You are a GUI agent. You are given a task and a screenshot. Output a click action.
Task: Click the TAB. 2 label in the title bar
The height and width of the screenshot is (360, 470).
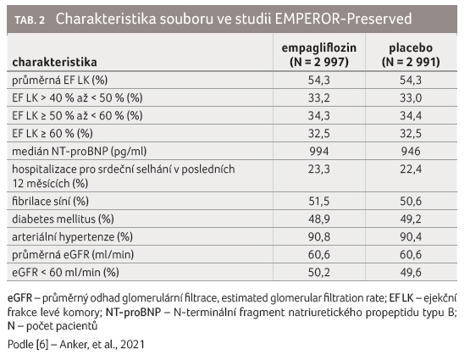coord(30,20)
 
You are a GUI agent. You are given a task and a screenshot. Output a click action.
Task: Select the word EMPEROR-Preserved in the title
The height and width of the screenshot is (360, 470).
coord(343,19)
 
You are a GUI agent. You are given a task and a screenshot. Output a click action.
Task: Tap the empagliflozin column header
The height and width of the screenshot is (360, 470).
coord(319,55)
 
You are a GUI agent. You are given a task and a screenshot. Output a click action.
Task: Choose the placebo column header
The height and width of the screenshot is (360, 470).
coord(411,55)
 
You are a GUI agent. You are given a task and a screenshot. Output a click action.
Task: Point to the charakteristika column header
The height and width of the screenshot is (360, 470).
coord(54,62)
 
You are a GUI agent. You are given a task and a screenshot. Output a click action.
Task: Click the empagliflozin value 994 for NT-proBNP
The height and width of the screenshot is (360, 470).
coord(319,151)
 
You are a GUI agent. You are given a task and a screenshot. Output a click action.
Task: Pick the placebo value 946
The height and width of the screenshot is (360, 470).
coord(411,151)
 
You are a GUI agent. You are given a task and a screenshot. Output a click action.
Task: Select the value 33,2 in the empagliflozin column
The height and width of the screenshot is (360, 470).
coord(319,97)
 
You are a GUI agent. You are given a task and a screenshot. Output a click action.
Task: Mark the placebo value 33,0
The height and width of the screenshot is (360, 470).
coord(411,97)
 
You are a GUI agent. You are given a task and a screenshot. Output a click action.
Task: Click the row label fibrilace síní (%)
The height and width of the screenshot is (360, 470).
coord(50,201)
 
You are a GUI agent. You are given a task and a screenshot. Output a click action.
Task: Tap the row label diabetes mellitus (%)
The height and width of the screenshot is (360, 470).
coord(63,219)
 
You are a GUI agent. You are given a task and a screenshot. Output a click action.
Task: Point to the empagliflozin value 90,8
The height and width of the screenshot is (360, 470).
coord(319,237)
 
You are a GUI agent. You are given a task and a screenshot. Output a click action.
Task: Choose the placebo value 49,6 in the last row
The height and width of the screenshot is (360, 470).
coord(411,272)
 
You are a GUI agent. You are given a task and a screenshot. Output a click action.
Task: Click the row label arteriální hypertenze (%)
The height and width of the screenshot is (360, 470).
coord(72,237)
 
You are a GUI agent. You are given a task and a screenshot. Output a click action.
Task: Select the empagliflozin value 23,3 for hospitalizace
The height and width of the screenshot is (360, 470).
coord(319,169)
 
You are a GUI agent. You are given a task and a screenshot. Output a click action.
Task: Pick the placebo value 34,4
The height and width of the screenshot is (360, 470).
coord(411,115)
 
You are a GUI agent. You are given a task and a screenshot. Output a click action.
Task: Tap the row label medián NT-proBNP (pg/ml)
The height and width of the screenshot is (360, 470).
coord(79,152)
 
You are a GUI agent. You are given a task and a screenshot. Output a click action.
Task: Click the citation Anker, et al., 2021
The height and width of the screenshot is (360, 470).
coord(102,345)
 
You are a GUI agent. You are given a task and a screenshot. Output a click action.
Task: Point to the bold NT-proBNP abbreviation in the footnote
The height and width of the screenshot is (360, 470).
coord(134,313)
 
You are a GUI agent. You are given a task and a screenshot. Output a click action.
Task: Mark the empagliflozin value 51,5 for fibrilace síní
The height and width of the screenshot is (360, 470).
coord(319,201)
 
